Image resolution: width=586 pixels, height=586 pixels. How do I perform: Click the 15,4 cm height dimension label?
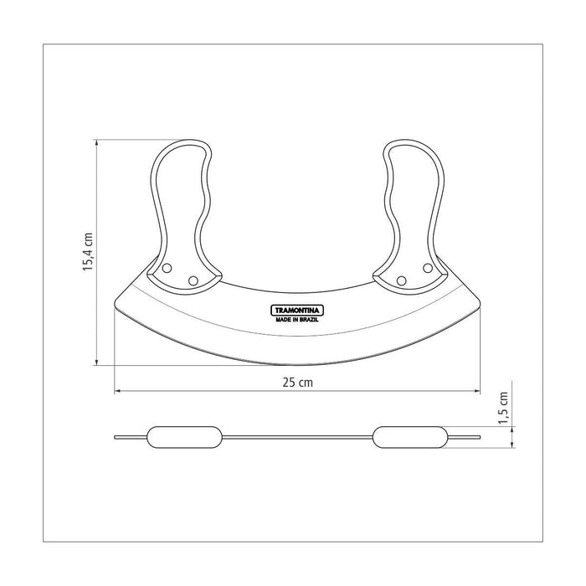(88, 252)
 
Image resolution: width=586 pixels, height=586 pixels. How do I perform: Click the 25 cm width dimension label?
(297, 383)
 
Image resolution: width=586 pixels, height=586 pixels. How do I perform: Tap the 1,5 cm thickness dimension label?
(504, 409)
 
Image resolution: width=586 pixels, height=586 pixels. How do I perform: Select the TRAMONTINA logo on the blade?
(297, 311)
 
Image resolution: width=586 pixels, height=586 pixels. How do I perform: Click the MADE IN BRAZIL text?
(297, 320)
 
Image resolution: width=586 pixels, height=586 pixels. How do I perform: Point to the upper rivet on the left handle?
(167, 268)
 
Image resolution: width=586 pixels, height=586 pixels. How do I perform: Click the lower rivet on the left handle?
(193, 280)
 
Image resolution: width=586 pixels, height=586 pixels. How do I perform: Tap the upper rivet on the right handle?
(428, 268)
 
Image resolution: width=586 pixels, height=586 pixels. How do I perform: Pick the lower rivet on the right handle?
(401, 280)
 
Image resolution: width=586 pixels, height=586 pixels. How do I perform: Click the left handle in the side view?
(185, 437)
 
